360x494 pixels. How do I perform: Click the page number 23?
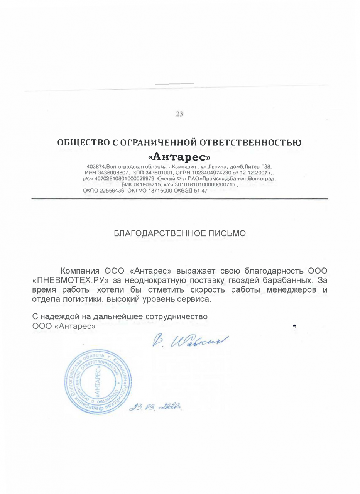[x=179, y=114]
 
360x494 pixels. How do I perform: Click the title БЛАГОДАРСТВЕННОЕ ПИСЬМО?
[x=180, y=234]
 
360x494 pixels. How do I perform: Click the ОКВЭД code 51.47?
[x=201, y=190]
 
